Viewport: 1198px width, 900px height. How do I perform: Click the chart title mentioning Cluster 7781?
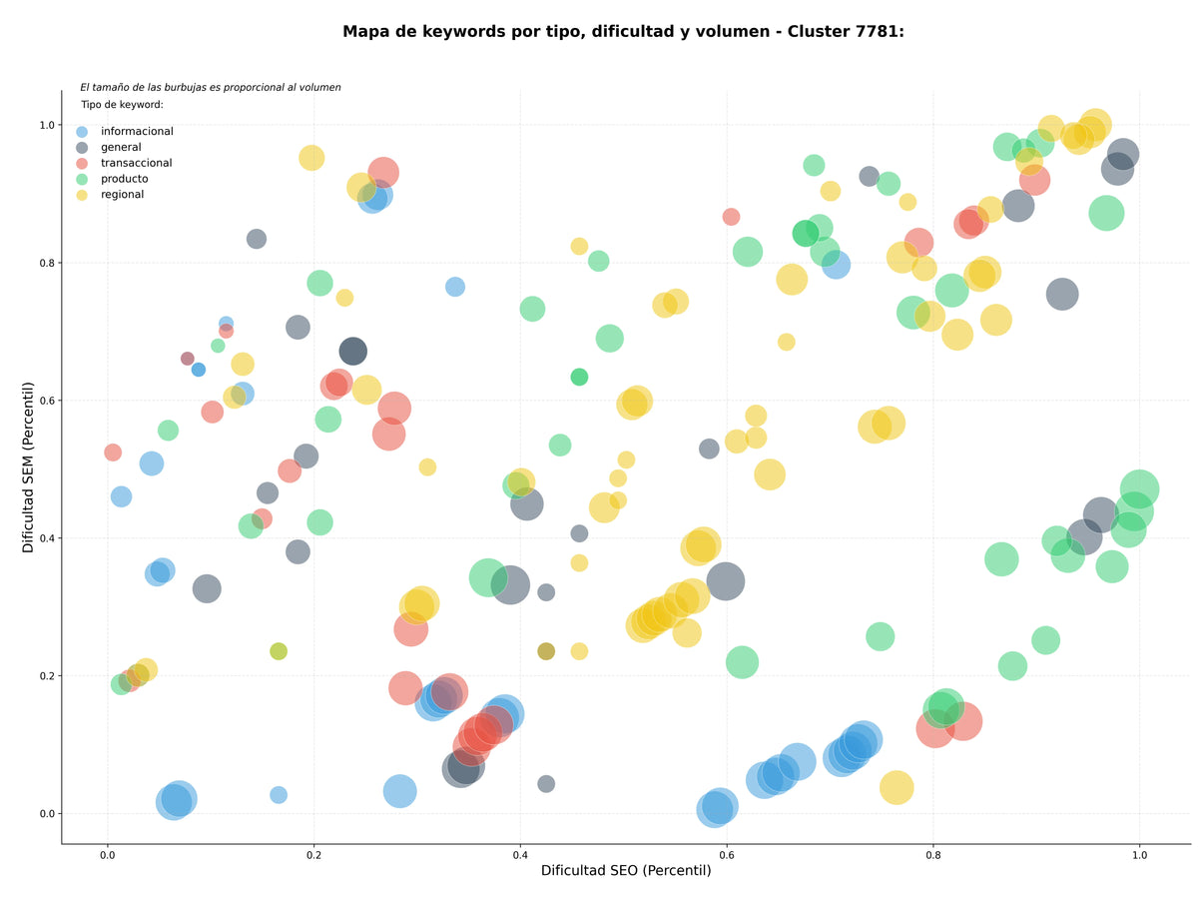[623, 32]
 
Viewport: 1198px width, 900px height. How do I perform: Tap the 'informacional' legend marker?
[82, 132]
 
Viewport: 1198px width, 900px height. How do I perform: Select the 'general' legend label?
[121, 147]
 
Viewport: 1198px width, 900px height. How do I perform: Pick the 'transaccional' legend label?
[136, 163]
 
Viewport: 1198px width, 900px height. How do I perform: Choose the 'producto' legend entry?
[124, 179]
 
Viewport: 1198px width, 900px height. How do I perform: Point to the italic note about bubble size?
[210, 87]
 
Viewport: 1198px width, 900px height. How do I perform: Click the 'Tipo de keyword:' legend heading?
[122, 104]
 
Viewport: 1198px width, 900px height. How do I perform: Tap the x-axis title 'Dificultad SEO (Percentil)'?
[626, 870]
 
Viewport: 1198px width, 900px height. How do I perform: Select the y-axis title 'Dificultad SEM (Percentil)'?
[28, 466]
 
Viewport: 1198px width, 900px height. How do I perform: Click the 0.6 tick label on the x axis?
[727, 855]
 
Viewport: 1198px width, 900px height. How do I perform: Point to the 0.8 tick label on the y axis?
[47, 263]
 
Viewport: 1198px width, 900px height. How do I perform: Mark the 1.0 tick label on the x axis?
[1139, 855]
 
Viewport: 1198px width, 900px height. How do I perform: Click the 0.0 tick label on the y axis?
[47, 814]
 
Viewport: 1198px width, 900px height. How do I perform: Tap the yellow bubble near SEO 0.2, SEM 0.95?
[311, 158]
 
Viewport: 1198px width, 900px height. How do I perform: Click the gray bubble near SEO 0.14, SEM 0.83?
[257, 239]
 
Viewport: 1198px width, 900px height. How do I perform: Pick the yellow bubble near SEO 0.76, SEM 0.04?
[897, 787]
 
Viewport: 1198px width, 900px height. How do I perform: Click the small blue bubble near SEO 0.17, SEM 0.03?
[279, 794]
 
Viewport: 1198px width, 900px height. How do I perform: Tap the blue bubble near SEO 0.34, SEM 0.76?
[455, 287]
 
